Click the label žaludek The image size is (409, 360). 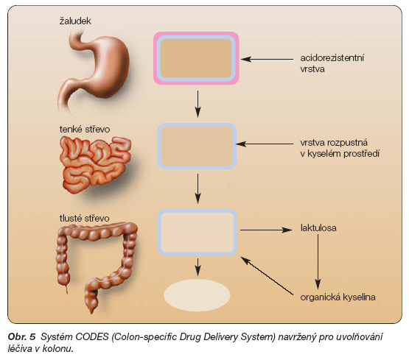75,21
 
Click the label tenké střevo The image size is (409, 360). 85,130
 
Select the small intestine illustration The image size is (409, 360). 95,163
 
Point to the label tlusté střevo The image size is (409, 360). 84,219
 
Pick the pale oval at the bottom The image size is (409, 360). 197,295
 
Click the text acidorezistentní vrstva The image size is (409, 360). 332,63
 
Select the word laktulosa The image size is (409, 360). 318,228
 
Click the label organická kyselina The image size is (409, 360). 338,297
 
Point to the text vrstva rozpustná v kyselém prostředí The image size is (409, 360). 340,148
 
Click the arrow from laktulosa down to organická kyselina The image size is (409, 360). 318,261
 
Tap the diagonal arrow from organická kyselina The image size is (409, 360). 267,275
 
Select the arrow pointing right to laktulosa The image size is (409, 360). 266,230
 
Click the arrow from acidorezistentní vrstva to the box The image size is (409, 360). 267,59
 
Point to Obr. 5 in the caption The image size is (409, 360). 21,337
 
